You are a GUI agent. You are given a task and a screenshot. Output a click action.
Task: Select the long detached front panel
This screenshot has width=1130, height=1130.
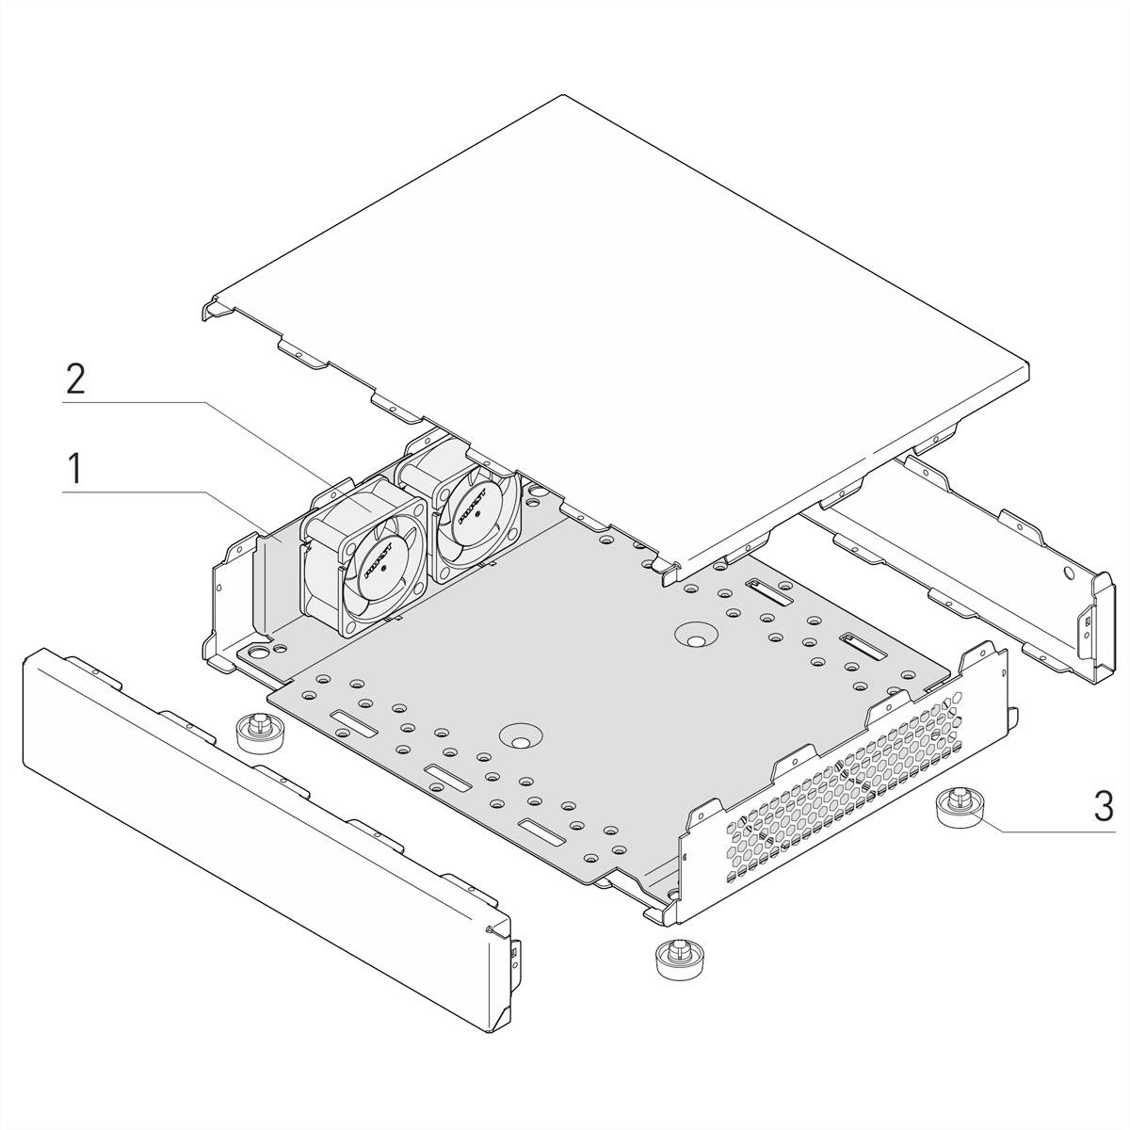(254, 810)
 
